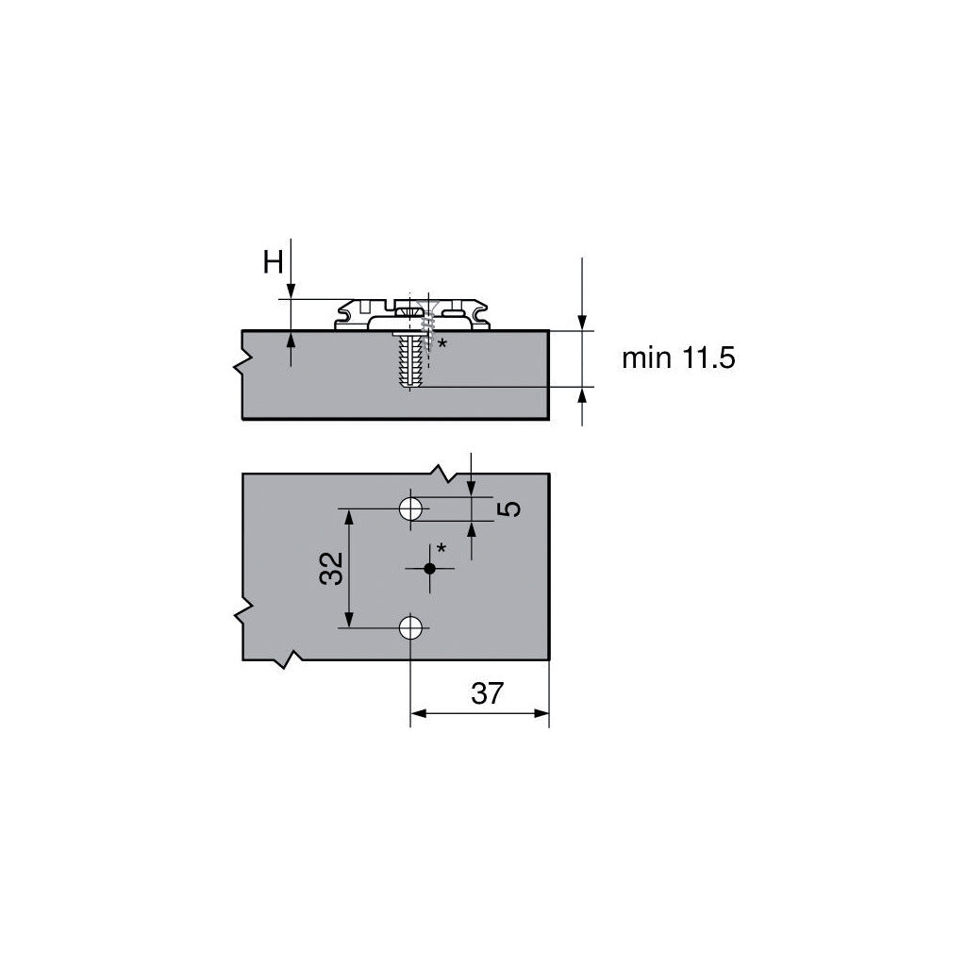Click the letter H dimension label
273,262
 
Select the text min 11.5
678,358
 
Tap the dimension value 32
331,568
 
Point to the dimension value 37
488,693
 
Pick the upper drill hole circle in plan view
410,508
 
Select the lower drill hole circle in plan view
410,628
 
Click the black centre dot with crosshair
429,568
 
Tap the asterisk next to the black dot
441,547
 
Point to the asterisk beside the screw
441,343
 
